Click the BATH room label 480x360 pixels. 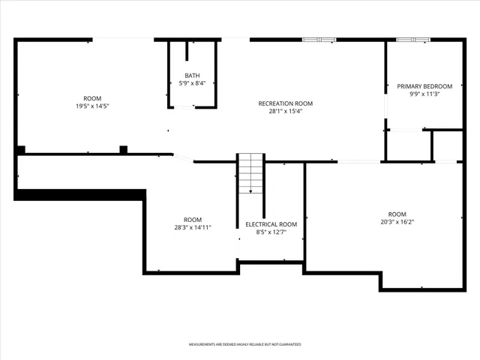(193, 75)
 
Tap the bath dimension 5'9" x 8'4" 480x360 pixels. (193, 83)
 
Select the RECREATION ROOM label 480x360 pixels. (285, 103)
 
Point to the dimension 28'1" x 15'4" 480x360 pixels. (285, 112)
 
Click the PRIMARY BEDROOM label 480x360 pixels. (424, 86)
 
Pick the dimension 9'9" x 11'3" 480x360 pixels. (424, 94)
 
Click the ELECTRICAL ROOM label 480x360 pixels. (271, 224)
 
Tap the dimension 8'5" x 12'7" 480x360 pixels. (271, 232)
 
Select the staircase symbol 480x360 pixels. (251, 173)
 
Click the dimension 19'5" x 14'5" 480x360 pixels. (92, 106)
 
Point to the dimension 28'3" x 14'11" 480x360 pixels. (193, 227)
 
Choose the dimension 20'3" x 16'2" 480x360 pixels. (397, 222)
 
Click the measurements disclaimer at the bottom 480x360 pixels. (244, 344)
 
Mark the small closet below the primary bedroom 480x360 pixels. (447, 145)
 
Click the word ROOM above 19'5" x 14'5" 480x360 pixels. (92, 98)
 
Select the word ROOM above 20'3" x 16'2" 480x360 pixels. (397, 214)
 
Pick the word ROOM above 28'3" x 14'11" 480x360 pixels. (193, 219)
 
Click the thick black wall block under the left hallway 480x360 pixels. (79, 194)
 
